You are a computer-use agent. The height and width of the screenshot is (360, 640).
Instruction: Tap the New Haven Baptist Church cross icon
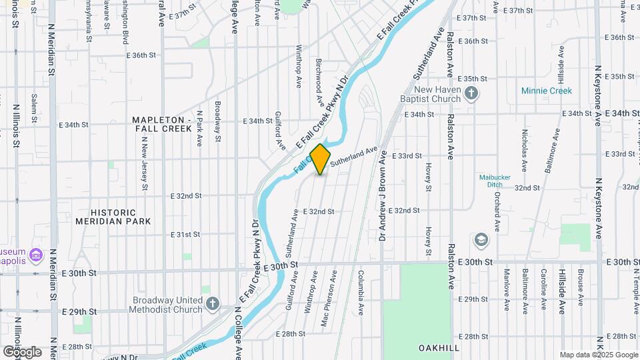tap(471, 93)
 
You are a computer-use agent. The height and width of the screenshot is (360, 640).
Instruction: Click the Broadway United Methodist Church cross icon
tap(212, 304)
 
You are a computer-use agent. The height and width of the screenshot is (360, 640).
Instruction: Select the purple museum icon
tap(36, 254)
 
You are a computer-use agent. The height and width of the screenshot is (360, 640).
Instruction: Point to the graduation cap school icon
tap(481, 239)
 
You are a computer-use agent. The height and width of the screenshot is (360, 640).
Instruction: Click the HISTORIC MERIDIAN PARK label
tap(123, 215)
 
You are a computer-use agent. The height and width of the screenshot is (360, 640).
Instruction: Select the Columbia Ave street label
tap(359, 292)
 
